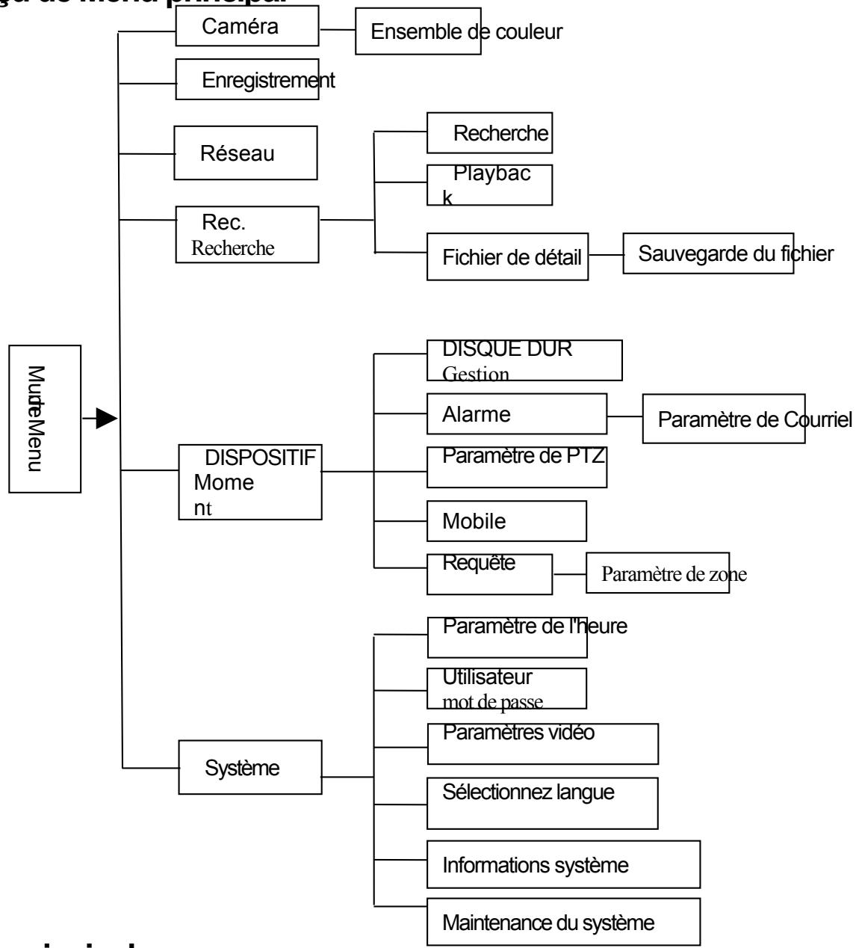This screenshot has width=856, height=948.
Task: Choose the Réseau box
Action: [x=236, y=153]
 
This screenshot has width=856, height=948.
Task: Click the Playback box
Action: [x=489, y=185]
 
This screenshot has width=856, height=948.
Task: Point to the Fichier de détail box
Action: [x=507, y=257]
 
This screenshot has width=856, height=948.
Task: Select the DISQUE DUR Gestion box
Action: [x=524, y=360]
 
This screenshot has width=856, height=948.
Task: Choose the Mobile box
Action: [x=506, y=521]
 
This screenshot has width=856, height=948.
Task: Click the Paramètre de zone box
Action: [x=657, y=573]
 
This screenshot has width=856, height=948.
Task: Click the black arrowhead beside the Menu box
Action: [x=108, y=419]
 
